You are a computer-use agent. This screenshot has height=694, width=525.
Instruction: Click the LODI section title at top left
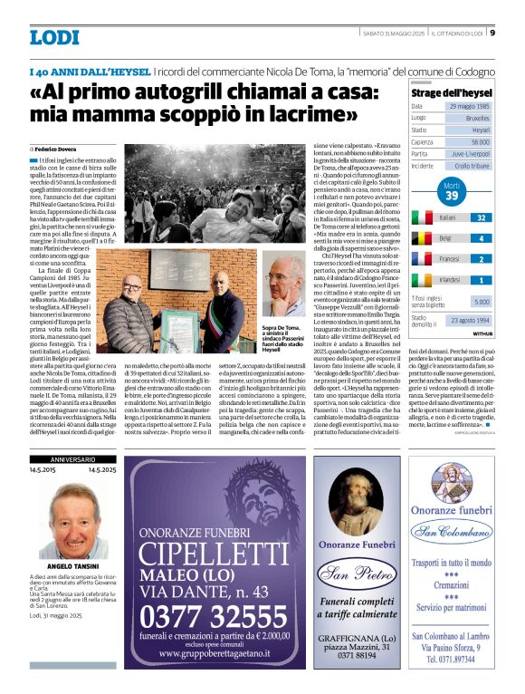53,38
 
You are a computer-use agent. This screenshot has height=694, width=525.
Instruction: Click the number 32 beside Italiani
481,218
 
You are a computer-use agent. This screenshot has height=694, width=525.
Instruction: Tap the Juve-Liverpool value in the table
471,154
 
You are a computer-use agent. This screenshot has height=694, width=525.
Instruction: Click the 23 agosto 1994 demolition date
470,321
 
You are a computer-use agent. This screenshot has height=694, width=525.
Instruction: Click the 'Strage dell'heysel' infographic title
451,92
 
